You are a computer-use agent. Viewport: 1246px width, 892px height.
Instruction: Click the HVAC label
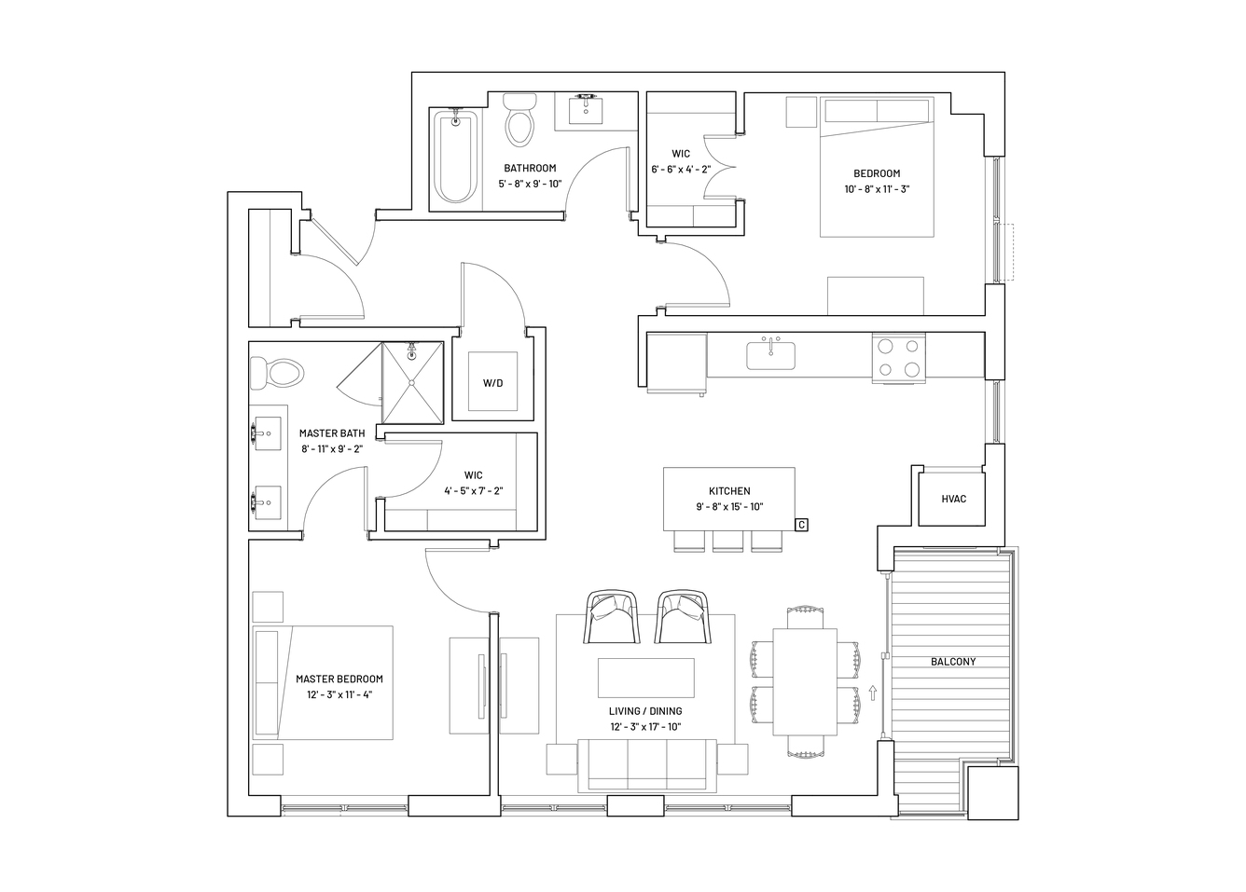[953, 499]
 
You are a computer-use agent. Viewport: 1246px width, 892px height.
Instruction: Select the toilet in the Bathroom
[519, 120]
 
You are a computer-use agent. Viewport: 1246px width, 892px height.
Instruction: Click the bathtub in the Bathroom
[455, 158]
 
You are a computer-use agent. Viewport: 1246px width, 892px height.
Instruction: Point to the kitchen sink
[770, 355]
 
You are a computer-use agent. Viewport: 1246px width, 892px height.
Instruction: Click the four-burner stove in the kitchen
[898, 358]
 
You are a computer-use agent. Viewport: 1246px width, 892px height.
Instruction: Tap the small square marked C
[801, 525]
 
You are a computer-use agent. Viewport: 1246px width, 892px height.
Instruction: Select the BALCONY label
[953, 662]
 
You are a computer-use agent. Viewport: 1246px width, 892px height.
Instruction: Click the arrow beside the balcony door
[873, 693]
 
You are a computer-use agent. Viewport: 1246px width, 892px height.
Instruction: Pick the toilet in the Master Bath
[277, 373]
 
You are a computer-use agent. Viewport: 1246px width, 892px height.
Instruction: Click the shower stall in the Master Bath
[413, 383]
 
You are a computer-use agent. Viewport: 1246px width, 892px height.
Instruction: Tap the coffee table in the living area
[645, 678]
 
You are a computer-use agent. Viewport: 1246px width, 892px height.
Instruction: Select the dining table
[804, 682]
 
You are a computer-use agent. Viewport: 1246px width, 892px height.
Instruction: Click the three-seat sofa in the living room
[647, 765]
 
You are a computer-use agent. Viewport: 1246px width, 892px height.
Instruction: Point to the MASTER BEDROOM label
[339, 679]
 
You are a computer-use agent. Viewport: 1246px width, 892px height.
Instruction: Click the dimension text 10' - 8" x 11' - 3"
[877, 189]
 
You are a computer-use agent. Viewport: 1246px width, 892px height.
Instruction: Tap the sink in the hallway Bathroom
[585, 111]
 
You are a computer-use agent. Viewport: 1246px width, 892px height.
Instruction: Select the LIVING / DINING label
[645, 711]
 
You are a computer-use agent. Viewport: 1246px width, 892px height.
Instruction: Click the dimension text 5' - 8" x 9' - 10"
[530, 184]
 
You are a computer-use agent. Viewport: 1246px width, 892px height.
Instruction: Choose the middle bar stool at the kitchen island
[727, 542]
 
